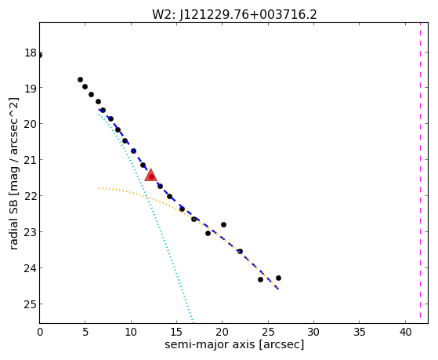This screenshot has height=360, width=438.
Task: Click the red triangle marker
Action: point(150,175)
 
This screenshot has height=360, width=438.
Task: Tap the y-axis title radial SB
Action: point(13,221)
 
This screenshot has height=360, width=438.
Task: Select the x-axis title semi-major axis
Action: point(210,344)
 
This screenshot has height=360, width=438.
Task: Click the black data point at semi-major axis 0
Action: point(40,56)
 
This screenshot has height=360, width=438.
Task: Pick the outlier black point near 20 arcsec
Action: point(223,224)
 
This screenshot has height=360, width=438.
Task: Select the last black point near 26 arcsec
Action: point(278,278)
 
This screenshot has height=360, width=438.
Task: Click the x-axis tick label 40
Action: point(405,333)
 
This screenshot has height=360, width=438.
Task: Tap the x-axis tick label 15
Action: point(176,333)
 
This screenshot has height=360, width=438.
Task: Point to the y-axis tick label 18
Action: point(31,53)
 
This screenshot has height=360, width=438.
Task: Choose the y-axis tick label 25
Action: point(31,304)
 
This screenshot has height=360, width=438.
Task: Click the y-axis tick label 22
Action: point(31,196)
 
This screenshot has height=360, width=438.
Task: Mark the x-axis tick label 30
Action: point(313,333)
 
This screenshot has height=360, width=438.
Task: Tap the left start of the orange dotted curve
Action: point(99,188)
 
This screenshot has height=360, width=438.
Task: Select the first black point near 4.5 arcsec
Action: point(80,80)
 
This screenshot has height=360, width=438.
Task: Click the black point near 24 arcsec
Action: point(261,279)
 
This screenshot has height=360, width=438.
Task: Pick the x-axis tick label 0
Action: point(40,333)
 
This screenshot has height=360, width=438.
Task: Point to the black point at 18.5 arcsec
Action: point(208,233)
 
